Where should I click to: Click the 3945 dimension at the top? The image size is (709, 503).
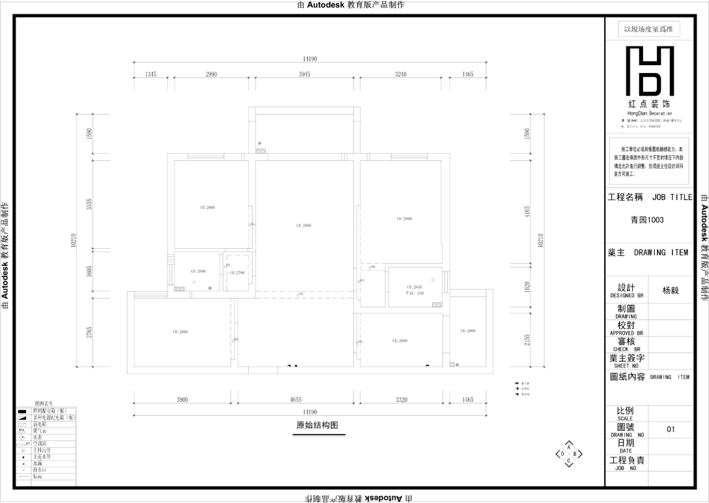point(304,75)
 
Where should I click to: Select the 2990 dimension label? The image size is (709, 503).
point(211,75)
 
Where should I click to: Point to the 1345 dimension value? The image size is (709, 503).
point(151,75)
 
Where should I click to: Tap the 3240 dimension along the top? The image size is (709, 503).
point(400,75)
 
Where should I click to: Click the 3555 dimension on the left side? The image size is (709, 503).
point(90,205)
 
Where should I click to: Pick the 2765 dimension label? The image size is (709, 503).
point(90,332)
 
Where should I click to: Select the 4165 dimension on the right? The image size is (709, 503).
point(527,211)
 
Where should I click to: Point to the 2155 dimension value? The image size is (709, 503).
point(527,340)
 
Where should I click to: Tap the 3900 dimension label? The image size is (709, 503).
point(182,400)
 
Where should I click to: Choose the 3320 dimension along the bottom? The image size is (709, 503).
point(401,400)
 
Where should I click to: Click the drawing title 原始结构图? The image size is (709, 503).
point(317,425)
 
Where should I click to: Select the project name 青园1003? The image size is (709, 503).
point(647,220)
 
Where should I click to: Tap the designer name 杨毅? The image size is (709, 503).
point(671,291)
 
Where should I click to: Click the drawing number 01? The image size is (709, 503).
point(671,429)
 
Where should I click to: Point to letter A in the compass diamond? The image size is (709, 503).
point(569,447)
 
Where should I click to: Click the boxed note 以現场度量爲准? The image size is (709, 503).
point(648,29)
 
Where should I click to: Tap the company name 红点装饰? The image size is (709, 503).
point(648,104)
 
